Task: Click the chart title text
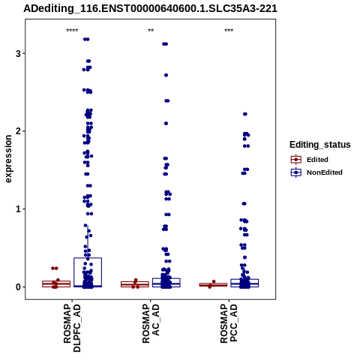point(150,8)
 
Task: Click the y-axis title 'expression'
point(8,159)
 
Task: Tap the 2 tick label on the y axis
point(19,131)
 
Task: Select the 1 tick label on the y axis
point(19,209)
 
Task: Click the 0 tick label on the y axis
point(19,286)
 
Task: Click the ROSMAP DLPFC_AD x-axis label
point(72,328)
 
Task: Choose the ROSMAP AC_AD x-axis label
point(151,324)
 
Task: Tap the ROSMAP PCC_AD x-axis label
point(229,324)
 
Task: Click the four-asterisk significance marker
point(72,31)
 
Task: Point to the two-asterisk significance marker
point(151,31)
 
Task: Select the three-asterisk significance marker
point(229,31)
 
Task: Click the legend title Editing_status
point(320,145)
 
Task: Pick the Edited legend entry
point(309,160)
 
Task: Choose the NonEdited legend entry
point(316,172)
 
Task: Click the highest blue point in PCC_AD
point(245,114)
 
